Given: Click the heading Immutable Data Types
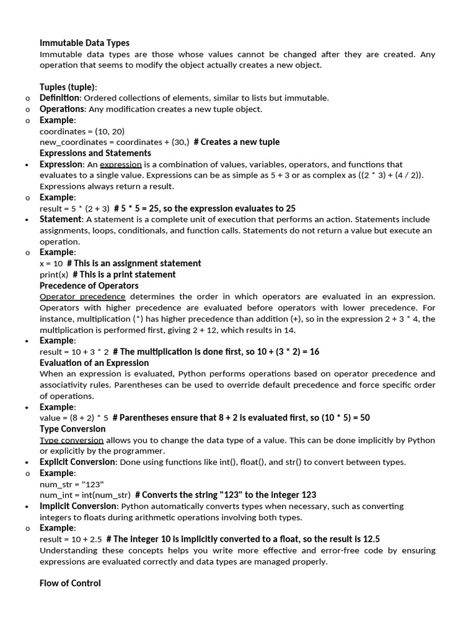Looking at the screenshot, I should pos(84,43).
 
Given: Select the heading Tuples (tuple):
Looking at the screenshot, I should pos(68,87).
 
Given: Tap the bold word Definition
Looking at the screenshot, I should pos(59,98).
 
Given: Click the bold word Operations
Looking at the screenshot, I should pos(61,109).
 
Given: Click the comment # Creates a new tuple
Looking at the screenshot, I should pos(236,142).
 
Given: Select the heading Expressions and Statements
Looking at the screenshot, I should pos(95,153).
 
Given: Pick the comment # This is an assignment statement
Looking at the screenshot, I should pos(134,264).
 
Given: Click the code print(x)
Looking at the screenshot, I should pos(54,274).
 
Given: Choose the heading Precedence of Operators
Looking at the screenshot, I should pos(89,285).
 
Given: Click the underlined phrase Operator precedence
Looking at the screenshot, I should pos(82,297).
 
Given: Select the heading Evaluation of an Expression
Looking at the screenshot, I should pos(94,363).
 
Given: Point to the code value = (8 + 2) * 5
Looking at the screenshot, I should pos(74,418).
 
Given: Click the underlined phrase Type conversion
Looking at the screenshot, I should pos(71,440).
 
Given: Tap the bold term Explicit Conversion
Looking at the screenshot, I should pos(77,462).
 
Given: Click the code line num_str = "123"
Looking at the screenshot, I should pos(72,484).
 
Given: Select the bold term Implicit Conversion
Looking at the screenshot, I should pos(77,506).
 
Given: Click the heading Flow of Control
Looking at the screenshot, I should pos(70,583).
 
